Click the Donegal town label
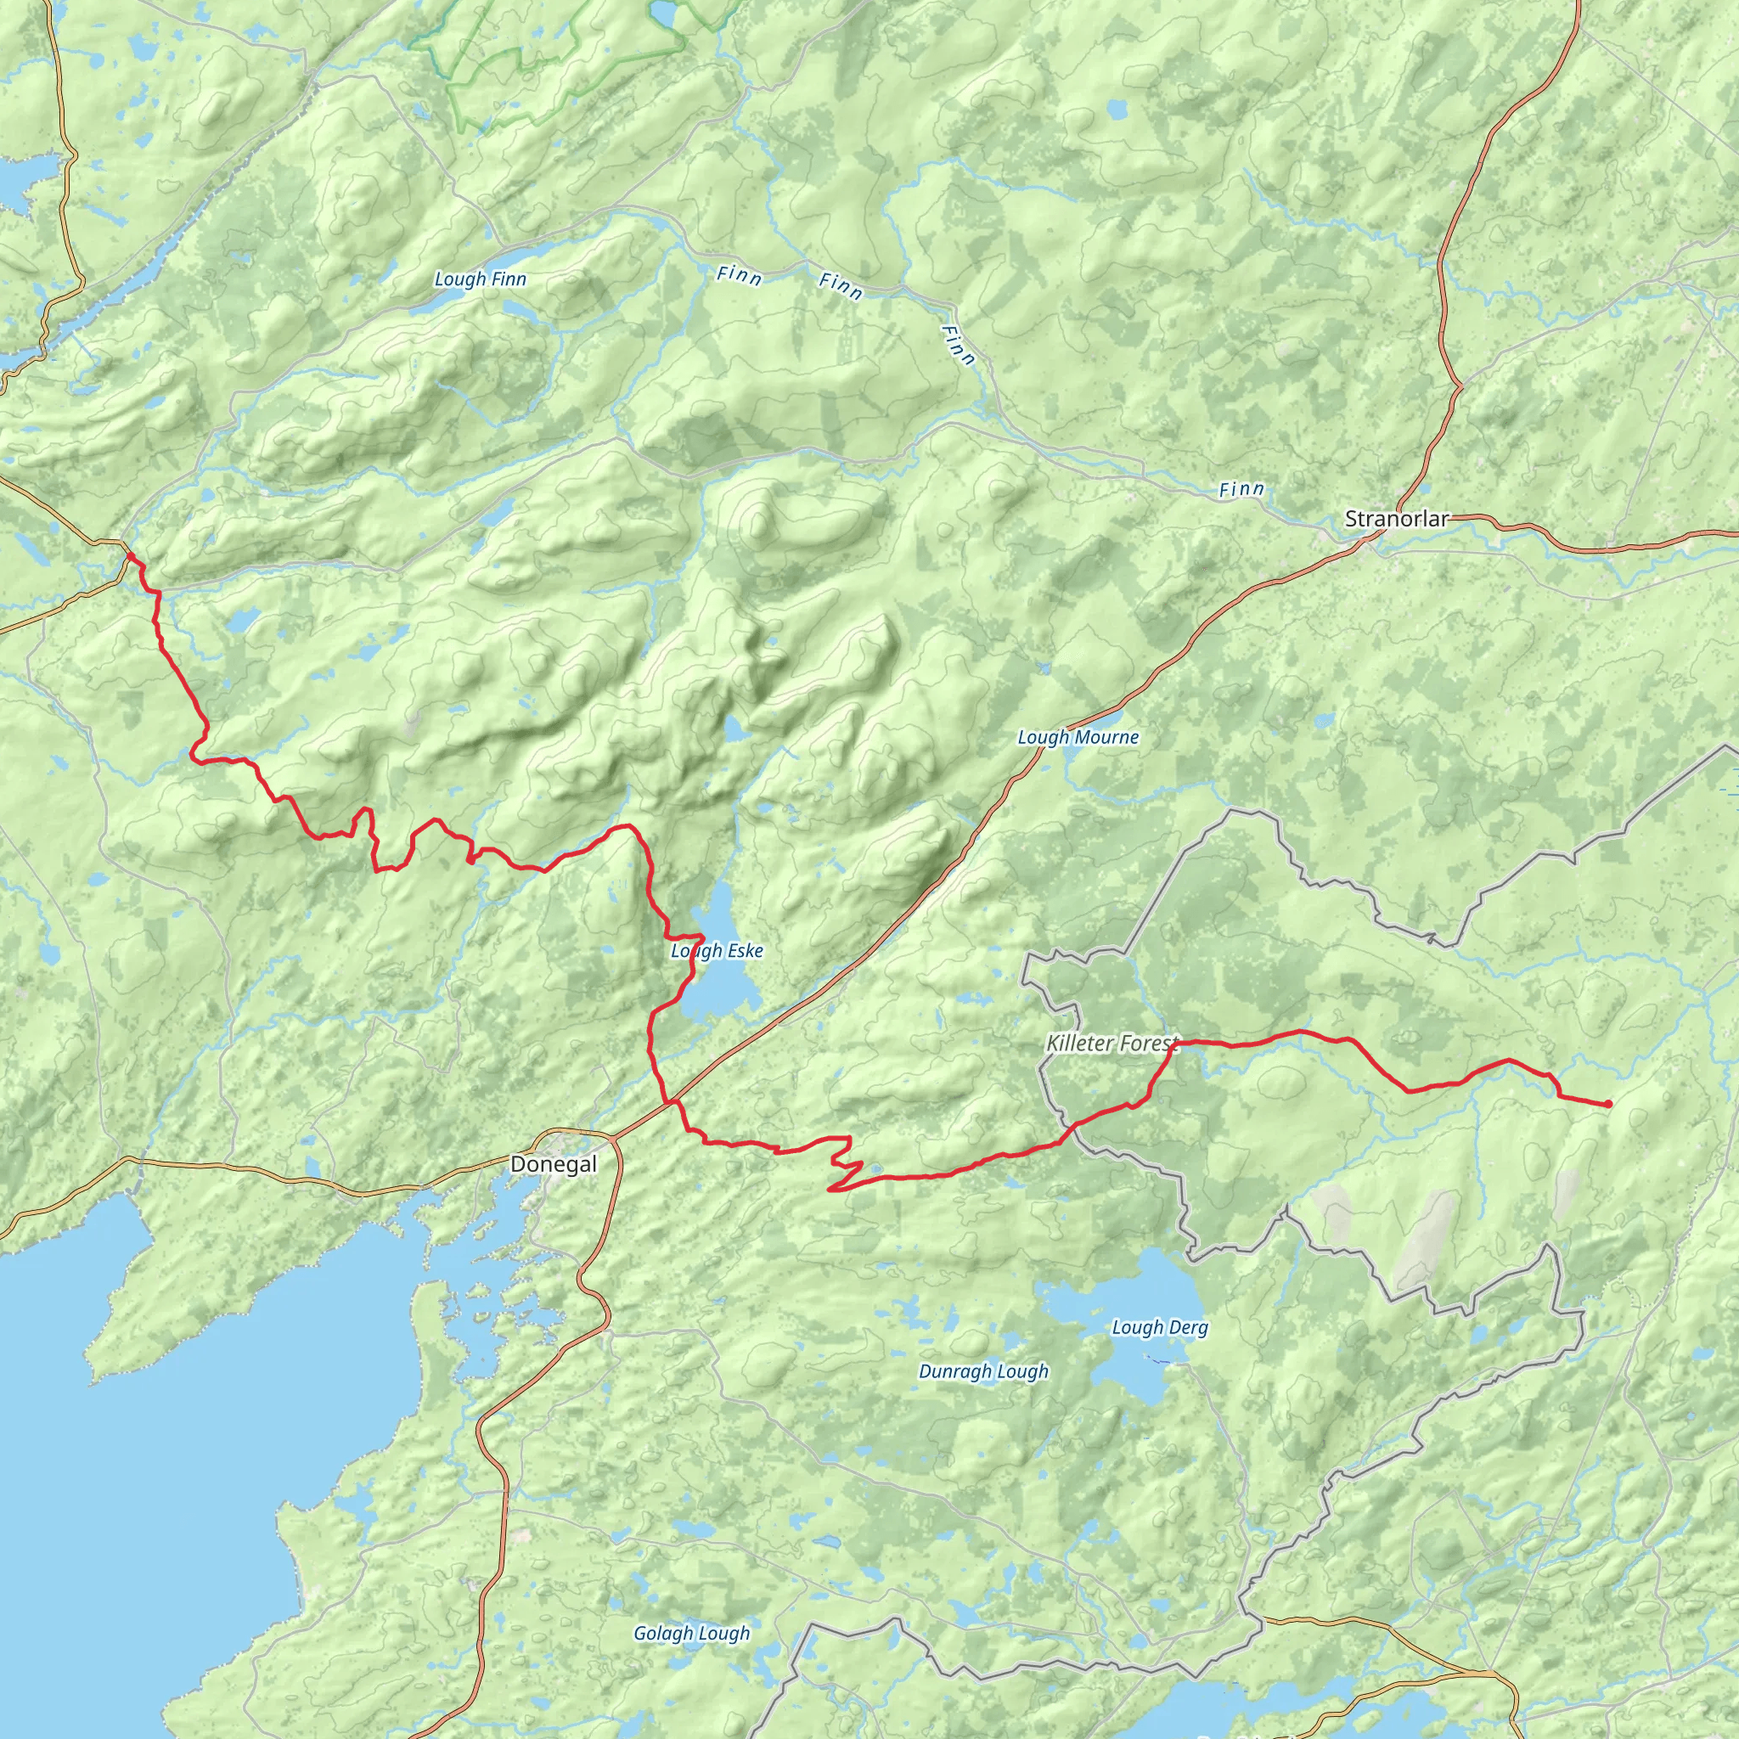tap(553, 1164)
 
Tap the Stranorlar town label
tap(1397, 519)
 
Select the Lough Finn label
tap(480, 279)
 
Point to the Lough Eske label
tap(717, 950)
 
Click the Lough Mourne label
tap(1078, 737)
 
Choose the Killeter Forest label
tap(1111, 1044)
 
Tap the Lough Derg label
tap(1159, 1328)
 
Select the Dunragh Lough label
tap(983, 1372)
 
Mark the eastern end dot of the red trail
tap(1607, 1104)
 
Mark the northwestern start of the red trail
tap(130, 556)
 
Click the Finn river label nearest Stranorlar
tap(1241, 490)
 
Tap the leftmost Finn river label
tap(739, 275)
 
